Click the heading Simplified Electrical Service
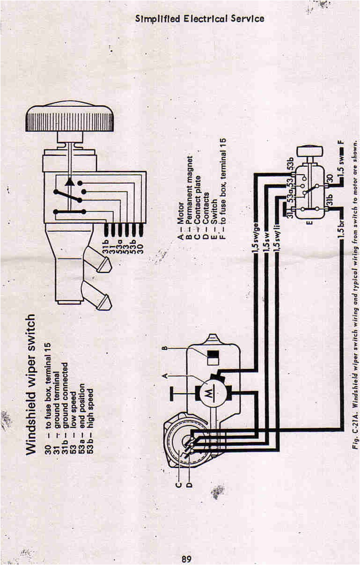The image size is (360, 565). click(200, 19)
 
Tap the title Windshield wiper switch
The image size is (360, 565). click(31, 384)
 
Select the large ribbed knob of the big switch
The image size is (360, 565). click(69, 118)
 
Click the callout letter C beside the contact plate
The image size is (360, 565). click(178, 485)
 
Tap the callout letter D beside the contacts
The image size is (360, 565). click(189, 485)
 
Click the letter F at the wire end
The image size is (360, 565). click(341, 142)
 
